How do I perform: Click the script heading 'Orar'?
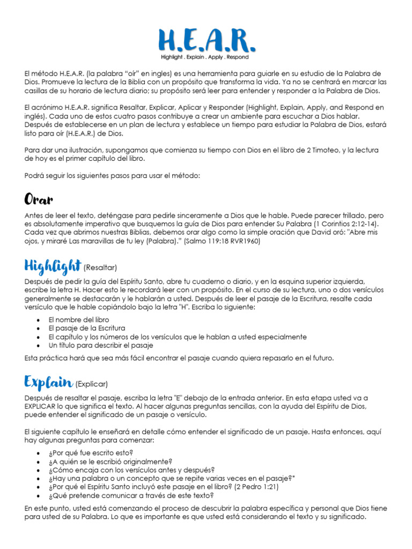point(39,200)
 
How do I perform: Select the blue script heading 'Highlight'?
point(52,266)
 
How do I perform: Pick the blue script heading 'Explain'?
point(48,382)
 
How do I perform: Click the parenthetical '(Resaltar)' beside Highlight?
point(100,268)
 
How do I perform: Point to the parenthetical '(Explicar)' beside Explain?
point(92,384)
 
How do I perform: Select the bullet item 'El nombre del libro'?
point(78,320)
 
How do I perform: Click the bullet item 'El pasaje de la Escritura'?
point(86,328)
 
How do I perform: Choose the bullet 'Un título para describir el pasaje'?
point(101,345)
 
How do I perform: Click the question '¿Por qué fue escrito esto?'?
point(90,452)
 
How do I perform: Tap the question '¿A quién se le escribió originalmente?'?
point(111,461)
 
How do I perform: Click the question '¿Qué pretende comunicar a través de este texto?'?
point(131,495)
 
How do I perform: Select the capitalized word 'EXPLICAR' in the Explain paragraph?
point(40,406)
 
